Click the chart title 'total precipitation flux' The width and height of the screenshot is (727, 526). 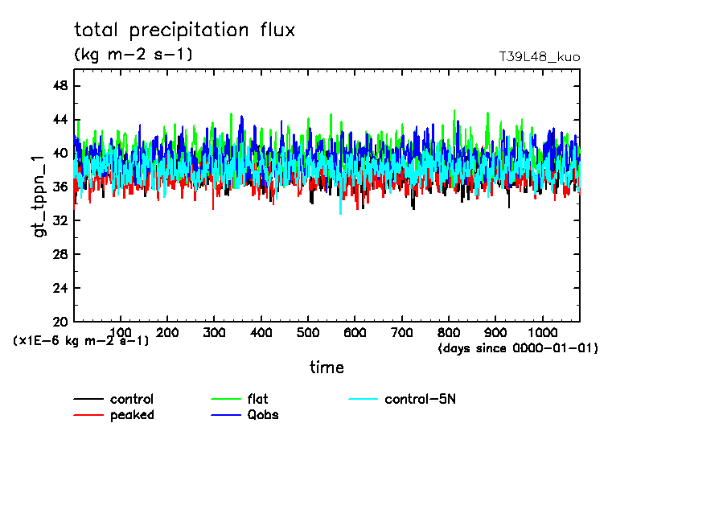click(x=184, y=31)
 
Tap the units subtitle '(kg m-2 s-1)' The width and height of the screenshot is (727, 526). click(x=133, y=55)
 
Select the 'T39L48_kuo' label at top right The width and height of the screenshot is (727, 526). click(x=539, y=57)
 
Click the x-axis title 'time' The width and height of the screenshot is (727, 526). click(x=327, y=368)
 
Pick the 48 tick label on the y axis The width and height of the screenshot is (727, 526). click(x=60, y=86)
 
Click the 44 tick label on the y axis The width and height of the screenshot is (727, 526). click(x=60, y=120)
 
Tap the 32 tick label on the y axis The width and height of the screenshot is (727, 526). click(x=60, y=221)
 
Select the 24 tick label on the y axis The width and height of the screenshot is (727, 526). click(x=60, y=289)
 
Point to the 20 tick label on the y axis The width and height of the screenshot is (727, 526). click(x=60, y=322)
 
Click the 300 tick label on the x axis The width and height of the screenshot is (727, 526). click(x=214, y=333)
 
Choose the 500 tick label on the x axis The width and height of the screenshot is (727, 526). click(x=308, y=333)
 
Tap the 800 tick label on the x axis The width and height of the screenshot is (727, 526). click(x=449, y=333)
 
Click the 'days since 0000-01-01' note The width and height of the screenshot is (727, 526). click(x=518, y=348)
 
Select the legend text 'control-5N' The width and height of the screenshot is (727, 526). click(x=420, y=400)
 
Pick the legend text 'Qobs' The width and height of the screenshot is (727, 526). click(x=263, y=415)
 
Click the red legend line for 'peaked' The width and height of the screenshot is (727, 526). click(x=88, y=415)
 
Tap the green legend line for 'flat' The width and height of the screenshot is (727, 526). click(x=226, y=400)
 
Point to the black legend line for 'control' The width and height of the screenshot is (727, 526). click(x=88, y=400)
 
